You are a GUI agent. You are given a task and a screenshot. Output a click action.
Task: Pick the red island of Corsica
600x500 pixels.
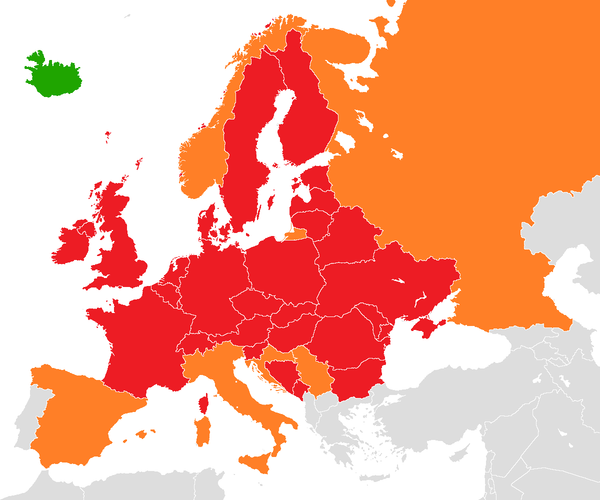coord(203,402)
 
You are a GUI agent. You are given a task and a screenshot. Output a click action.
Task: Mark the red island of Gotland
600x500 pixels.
coord(271,202)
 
